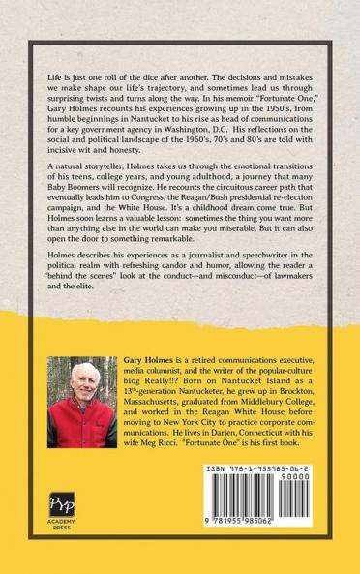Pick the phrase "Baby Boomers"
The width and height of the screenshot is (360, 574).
point(80,198)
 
